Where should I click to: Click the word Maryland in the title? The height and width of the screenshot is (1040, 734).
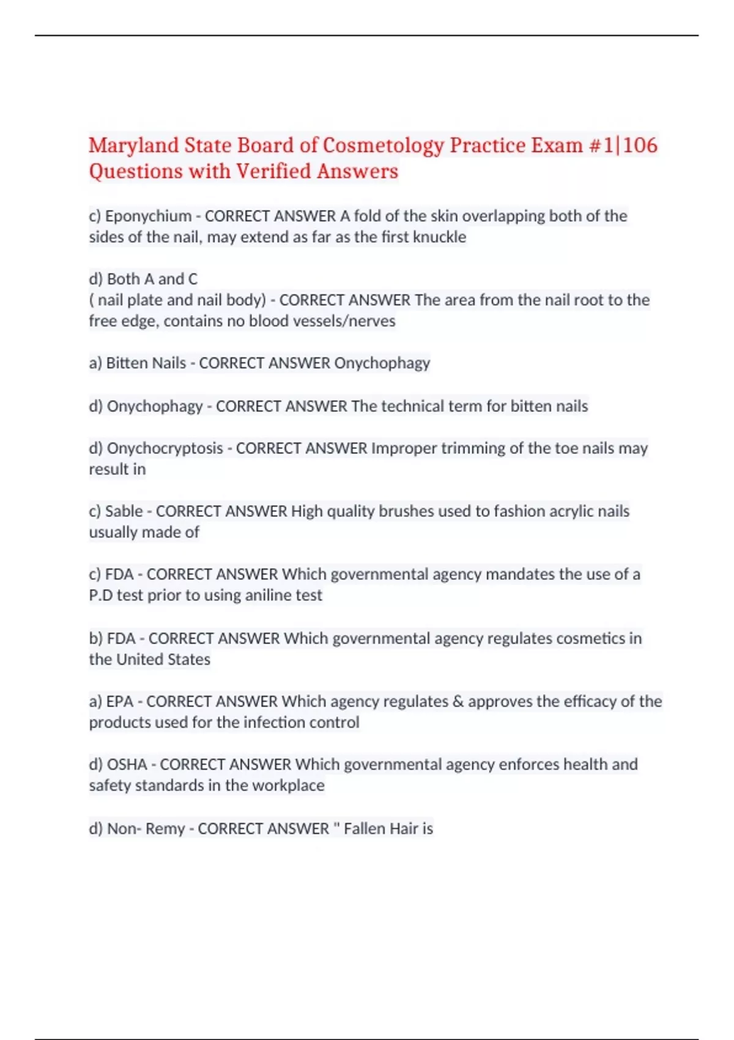point(133,146)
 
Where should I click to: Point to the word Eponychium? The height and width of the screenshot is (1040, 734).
point(148,216)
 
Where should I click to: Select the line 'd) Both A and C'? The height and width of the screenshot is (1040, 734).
point(143,279)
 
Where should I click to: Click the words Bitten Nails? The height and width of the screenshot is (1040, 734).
point(146,363)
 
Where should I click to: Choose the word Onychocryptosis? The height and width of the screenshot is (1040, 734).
point(165,448)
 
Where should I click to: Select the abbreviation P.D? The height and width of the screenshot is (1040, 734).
point(100,595)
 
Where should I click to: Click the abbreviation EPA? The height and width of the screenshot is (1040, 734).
point(119,702)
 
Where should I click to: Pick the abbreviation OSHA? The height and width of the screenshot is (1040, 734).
point(127,765)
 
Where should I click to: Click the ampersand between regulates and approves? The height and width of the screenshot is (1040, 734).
point(458,702)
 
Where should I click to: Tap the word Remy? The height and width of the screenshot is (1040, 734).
point(165,829)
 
